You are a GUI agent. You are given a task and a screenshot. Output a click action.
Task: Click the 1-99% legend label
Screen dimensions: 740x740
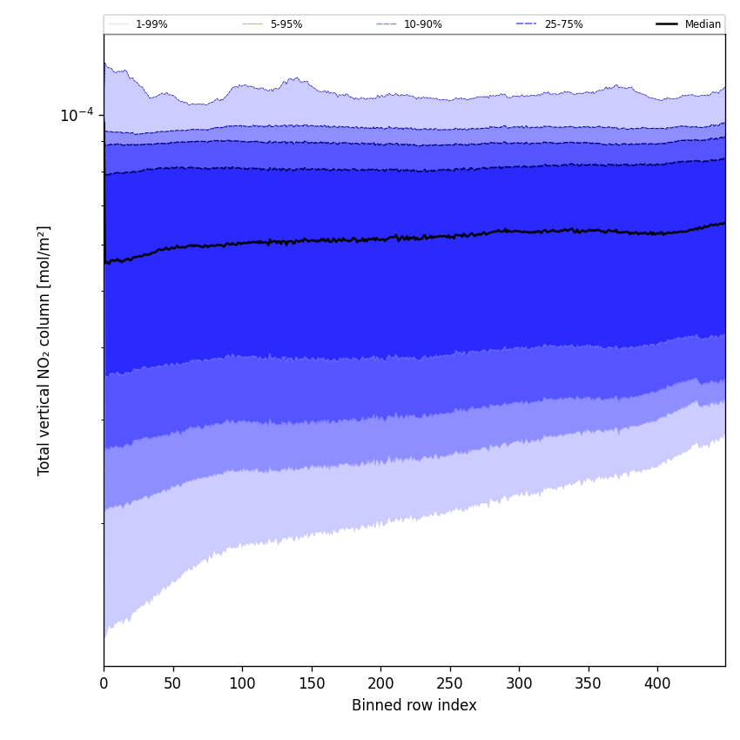tap(151, 24)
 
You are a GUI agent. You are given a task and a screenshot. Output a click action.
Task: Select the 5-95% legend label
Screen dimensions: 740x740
tap(286, 24)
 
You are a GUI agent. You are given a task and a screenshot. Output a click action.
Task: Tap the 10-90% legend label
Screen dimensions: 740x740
tap(422, 24)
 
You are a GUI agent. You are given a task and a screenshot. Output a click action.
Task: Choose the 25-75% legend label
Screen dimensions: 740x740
tap(563, 24)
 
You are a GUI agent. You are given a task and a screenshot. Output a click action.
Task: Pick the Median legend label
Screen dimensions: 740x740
tap(703, 24)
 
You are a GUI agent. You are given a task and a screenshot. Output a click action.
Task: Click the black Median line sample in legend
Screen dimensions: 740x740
tap(667, 24)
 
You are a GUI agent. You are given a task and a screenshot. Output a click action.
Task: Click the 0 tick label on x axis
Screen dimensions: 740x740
tap(104, 684)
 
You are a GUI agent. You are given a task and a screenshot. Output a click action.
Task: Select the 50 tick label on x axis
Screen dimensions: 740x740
tap(173, 684)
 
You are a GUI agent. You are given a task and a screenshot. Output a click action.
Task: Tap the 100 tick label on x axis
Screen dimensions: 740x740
tap(242, 684)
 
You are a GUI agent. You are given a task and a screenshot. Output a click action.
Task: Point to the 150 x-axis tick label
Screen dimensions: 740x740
tap(312, 684)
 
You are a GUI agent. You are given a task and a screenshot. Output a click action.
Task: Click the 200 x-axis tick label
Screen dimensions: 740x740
tap(380, 684)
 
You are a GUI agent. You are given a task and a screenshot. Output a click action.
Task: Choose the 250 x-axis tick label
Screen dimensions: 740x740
tap(450, 684)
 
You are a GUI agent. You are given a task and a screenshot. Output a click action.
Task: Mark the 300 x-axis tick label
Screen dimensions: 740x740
tap(519, 684)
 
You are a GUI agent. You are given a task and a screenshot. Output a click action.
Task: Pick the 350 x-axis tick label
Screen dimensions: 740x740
tap(589, 684)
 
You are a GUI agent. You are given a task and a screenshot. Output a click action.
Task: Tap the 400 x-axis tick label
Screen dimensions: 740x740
tap(657, 684)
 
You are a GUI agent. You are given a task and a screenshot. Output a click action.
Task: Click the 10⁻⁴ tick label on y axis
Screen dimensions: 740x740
tap(77, 115)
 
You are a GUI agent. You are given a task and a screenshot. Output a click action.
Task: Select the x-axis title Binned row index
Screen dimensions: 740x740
tap(414, 706)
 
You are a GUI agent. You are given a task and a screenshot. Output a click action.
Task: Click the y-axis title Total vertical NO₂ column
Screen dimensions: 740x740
tap(44, 350)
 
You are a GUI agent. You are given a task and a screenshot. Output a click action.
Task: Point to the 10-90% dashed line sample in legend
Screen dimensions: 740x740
tap(387, 24)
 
